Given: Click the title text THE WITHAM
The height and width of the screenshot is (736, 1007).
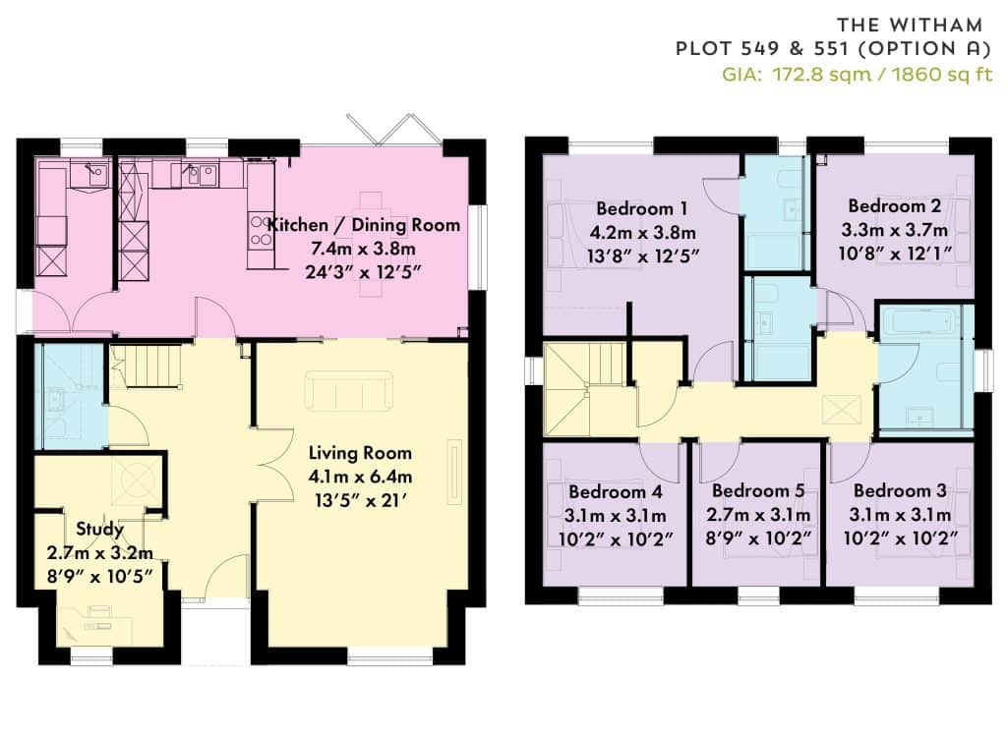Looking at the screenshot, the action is point(910,25).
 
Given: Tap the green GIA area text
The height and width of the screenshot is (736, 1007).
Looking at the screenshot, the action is point(858,75).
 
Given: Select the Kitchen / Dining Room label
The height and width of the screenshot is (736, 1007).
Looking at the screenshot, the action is point(364,225).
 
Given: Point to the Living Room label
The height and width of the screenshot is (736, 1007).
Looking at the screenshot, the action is point(360,453).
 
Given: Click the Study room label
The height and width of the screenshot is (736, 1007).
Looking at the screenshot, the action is point(99,530).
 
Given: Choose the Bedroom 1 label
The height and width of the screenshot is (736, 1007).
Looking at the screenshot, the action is point(641,208).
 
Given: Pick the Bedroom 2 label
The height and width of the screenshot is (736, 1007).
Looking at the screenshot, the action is point(895,206).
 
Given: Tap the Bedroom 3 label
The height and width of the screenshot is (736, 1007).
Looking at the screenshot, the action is point(900,491).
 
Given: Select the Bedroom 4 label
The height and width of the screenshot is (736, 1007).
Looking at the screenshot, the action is point(616,492).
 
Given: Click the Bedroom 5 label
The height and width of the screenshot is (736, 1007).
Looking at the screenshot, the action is point(758,491).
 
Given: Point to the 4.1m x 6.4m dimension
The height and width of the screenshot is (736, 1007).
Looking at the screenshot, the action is point(360,477).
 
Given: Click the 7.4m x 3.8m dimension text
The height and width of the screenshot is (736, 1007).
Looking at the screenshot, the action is point(364,249).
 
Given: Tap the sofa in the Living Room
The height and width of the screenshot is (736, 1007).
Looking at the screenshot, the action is point(349,389).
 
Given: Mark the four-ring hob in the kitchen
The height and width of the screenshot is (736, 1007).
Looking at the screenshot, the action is point(261,231).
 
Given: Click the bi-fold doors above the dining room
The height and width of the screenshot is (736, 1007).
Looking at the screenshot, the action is point(393,131).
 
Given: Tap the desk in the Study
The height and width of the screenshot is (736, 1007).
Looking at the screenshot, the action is point(96,625).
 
